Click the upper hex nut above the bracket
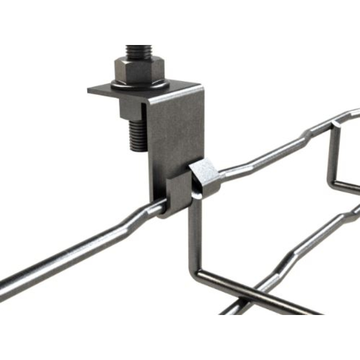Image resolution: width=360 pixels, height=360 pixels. click(x=139, y=67)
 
